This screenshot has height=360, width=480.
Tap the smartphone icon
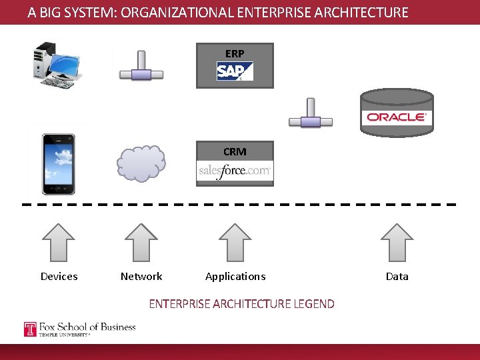click(59, 163)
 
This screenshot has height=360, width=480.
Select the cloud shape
click(141, 163)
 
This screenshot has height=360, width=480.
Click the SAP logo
click(235, 71)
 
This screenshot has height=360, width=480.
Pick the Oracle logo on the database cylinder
click(396, 117)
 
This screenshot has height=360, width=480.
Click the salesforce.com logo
click(235, 171)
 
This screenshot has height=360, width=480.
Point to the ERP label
click(235, 53)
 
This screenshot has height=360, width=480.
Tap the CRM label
click(235, 152)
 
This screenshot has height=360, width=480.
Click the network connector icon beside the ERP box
click(141, 67)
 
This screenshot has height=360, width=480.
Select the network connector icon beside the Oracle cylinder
click(310, 114)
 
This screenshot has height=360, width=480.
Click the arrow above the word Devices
click(59, 241)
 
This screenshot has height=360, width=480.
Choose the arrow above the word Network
click(141, 241)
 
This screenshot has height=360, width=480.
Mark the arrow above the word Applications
click(235, 241)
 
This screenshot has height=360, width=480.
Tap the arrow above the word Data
click(397, 241)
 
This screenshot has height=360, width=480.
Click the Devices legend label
click(59, 277)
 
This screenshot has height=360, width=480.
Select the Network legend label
click(141, 277)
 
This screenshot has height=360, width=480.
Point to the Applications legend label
click(235, 277)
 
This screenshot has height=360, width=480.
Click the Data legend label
click(397, 277)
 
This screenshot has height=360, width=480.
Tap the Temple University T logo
click(30, 329)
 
